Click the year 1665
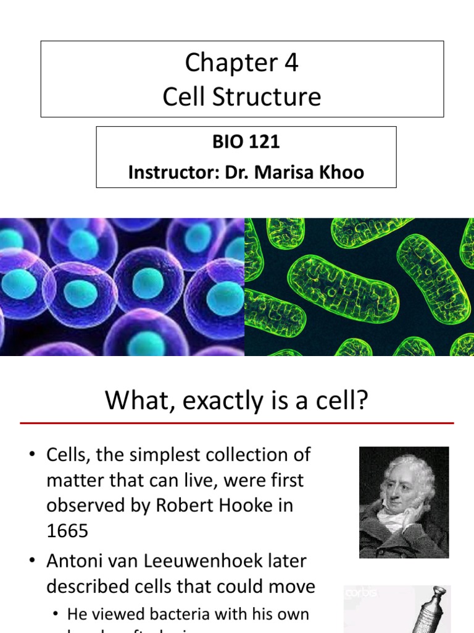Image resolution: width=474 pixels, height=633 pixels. tap(67, 530)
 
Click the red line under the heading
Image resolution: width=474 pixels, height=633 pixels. tap(237, 423)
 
